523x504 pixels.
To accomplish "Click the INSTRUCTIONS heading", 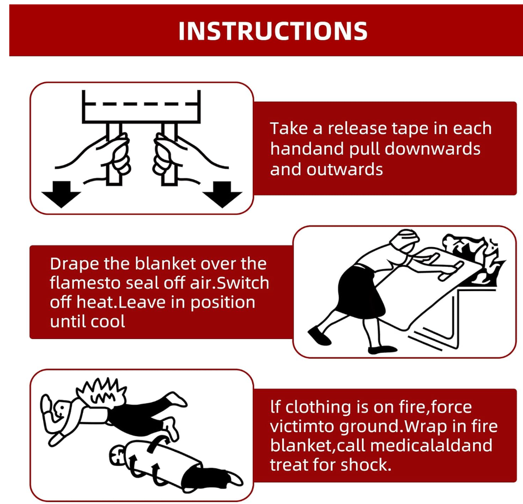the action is tap(273, 31).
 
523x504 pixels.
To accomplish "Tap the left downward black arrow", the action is tap(61, 194).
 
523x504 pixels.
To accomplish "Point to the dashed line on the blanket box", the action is tap(141, 104).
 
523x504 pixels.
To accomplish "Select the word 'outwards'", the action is tap(345, 169).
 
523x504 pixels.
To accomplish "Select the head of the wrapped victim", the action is tap(118, 457).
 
